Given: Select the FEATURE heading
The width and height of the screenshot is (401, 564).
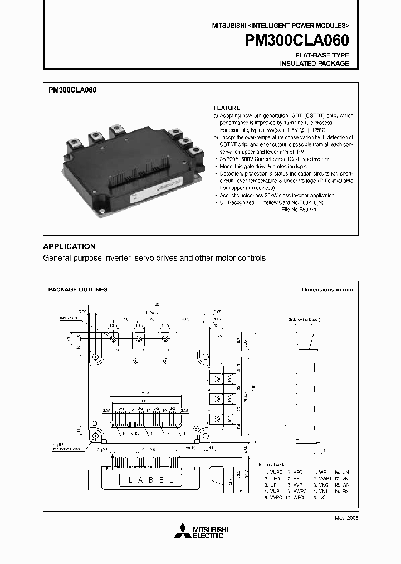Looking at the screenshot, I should point(227,108).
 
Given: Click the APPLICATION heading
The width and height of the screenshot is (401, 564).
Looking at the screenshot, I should point(70,246).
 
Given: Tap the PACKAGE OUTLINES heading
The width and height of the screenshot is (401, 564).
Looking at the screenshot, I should point(78,290).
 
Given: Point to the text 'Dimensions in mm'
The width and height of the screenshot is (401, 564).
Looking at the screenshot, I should point(327,290).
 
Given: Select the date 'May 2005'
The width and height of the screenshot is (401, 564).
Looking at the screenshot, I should point(346,518).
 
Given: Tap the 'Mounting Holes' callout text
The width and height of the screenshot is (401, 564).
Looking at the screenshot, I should point(67,448).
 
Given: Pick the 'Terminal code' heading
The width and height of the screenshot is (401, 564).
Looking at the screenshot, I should point(271,464).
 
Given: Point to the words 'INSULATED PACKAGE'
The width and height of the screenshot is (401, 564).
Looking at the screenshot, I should point(314,64).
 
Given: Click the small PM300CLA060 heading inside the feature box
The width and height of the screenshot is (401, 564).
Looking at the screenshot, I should point(72,89).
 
